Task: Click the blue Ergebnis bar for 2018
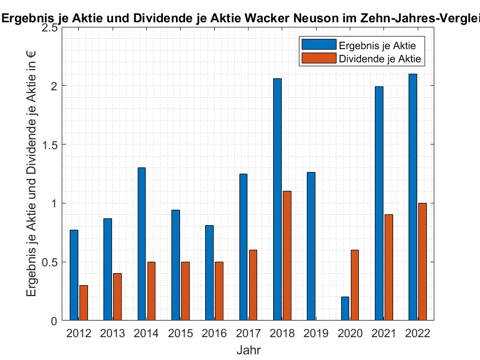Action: [277, 199]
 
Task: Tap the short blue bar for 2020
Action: [345, 309]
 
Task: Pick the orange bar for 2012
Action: [83, 302]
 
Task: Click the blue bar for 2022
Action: [413, 197]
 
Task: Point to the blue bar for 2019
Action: [311, 246]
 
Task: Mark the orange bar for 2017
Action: [253, 285]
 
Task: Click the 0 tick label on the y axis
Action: [54, 321]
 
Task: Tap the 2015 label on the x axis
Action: [180, 333]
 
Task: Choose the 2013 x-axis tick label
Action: [113, 333]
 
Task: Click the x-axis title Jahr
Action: [249, 349]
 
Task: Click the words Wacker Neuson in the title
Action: [289, 18]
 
